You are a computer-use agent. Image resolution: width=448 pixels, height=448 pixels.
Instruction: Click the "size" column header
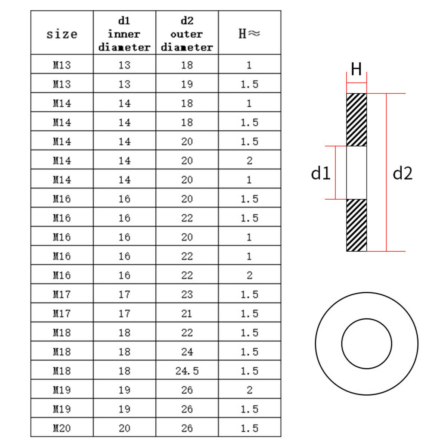(62, 34)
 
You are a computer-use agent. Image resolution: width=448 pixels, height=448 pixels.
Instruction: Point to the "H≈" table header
(249, 33)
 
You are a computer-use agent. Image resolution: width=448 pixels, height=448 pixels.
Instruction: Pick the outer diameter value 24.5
(187, 371)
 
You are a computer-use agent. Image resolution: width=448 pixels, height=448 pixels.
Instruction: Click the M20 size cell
(62, 428)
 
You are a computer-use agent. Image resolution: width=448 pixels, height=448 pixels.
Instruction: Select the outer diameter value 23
(187, 295)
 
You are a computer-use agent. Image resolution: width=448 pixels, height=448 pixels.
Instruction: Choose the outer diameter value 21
(187, 314)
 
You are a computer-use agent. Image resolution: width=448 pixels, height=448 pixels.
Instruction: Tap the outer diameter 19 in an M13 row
(187, 84)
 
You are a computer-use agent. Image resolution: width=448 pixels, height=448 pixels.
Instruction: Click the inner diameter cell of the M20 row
(124, 428)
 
